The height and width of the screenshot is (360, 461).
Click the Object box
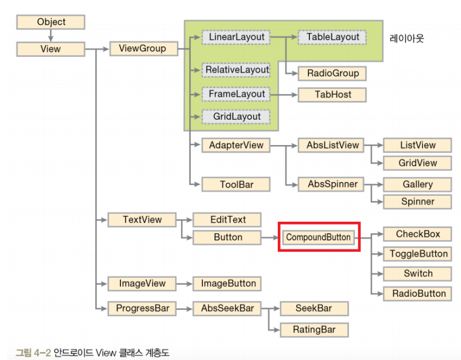[51, 22]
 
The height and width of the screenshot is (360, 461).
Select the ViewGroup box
[142, 48]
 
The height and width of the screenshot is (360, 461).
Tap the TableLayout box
[332, 37]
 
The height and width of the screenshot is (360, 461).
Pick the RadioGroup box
[332, 73]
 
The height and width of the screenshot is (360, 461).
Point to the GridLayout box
[236, 116]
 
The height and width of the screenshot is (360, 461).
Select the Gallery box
[417, 185]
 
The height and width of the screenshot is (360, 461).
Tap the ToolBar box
[236, 184]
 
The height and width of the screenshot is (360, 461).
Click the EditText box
[227, 219]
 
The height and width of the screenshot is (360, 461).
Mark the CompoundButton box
[319, 237]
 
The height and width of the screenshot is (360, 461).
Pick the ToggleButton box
[418, 254]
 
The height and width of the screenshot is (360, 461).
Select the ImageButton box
[227, 283]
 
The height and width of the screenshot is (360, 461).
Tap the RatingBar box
[314, 329]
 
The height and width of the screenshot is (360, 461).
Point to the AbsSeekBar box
[227, 308]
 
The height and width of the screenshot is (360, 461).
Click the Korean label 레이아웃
[407, 39]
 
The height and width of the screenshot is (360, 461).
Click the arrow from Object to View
[51, 36]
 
